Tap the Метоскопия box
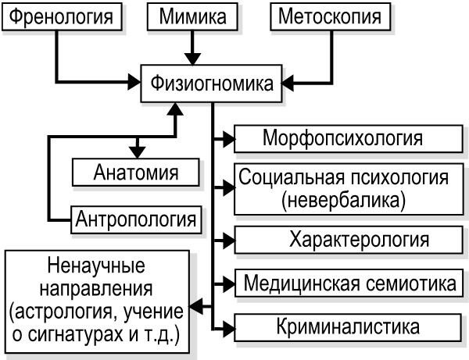click(331, 16)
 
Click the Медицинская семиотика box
click(347, 281)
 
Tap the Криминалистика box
click(348, 325)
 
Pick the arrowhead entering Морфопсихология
click(227, 139)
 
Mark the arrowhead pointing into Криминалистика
click(227, 325)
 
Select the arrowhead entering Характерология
click(227, 238)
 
